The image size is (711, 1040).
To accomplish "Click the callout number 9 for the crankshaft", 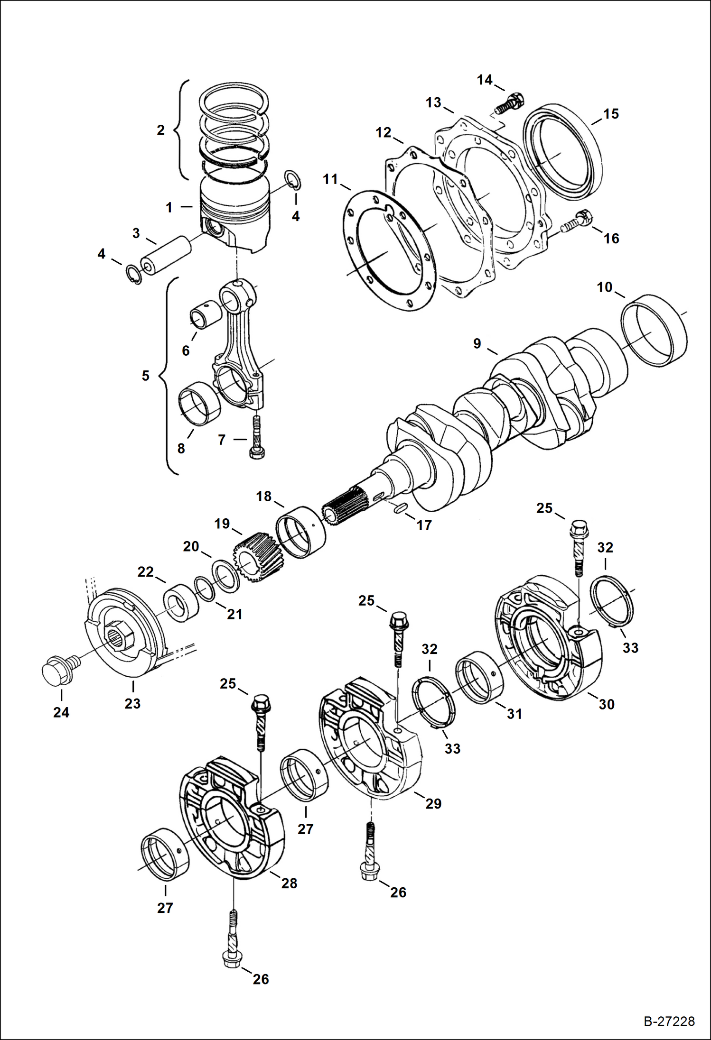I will (477, 343).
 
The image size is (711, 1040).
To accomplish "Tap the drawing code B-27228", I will (669, 1021).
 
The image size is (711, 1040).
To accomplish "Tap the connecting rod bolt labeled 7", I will (256, 436).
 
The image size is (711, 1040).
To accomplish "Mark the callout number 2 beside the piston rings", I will (161, 130).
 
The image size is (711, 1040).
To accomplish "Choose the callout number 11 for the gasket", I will (330, 179).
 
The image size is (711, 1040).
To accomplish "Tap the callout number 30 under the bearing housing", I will (607, 704).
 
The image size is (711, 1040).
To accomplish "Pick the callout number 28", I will (289, 883).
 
